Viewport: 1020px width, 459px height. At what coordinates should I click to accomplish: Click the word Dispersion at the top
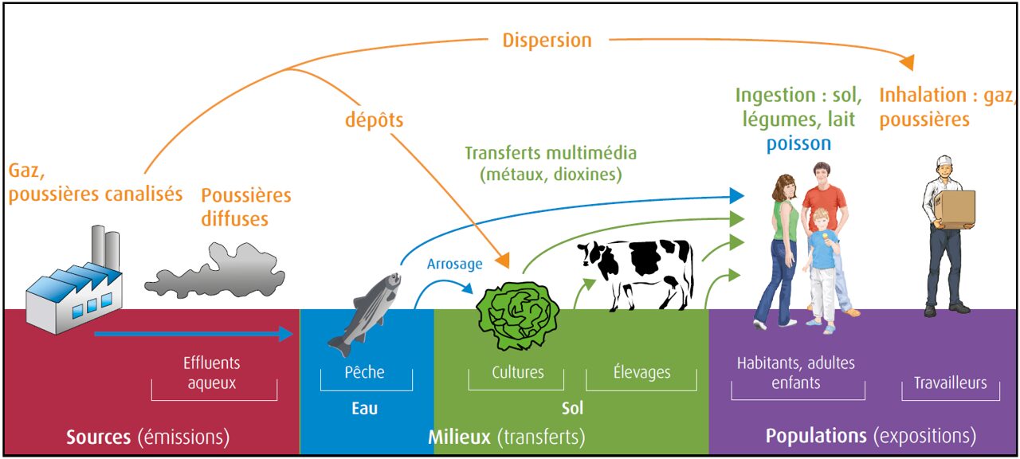(547, 40)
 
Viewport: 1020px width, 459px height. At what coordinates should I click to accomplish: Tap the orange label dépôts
(374, 120)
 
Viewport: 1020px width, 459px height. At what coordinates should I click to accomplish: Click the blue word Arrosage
(454, 264)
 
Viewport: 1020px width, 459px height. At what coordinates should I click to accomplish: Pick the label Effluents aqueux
(211, 373)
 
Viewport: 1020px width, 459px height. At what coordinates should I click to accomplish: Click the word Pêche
(364, 372)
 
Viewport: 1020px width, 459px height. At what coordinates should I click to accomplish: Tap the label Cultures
(518, 372)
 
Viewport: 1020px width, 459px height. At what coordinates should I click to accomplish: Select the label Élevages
(641, 372)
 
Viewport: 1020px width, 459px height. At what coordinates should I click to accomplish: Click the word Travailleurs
(950, 383)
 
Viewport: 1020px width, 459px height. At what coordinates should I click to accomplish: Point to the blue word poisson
(798, 143)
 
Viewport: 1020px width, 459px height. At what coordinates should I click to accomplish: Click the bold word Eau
(364, 409)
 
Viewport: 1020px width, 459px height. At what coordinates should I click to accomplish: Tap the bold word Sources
(98, 437)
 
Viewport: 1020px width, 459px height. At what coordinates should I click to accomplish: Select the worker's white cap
(944, 163)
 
